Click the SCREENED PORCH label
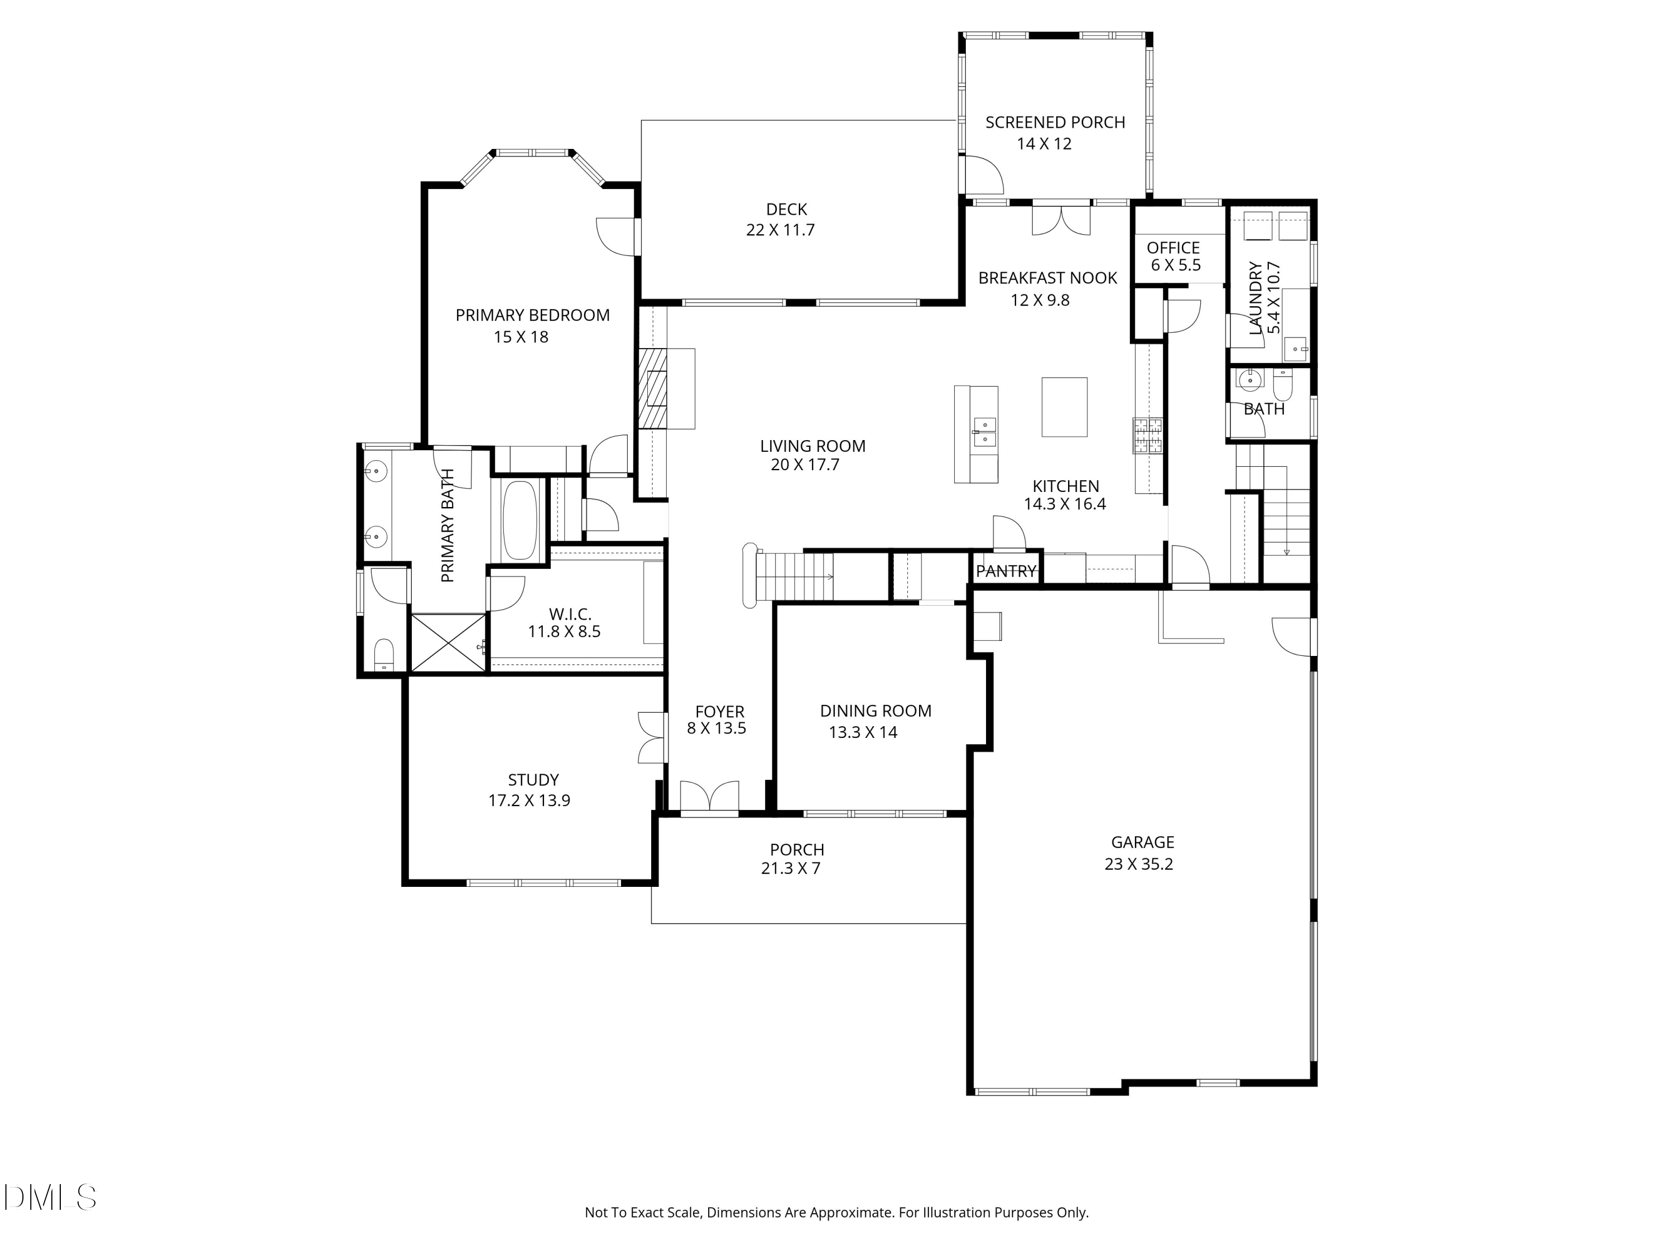tap(1055, 123)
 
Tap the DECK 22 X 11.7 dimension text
tap(780, 230)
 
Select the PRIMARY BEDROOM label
tap(533, 316)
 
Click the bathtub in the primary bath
tap(519, 520)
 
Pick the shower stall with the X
tap(448, 642)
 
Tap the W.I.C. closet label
tap(570, 614)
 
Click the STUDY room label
tap(533, 780)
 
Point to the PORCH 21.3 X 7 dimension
tap(791, 868)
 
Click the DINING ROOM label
tap(876, 711)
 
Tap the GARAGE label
tap(1143, 843)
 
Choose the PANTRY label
tap(1006, 571)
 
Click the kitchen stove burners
tap(1147, 436)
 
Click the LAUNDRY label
tap(1256, 298)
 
